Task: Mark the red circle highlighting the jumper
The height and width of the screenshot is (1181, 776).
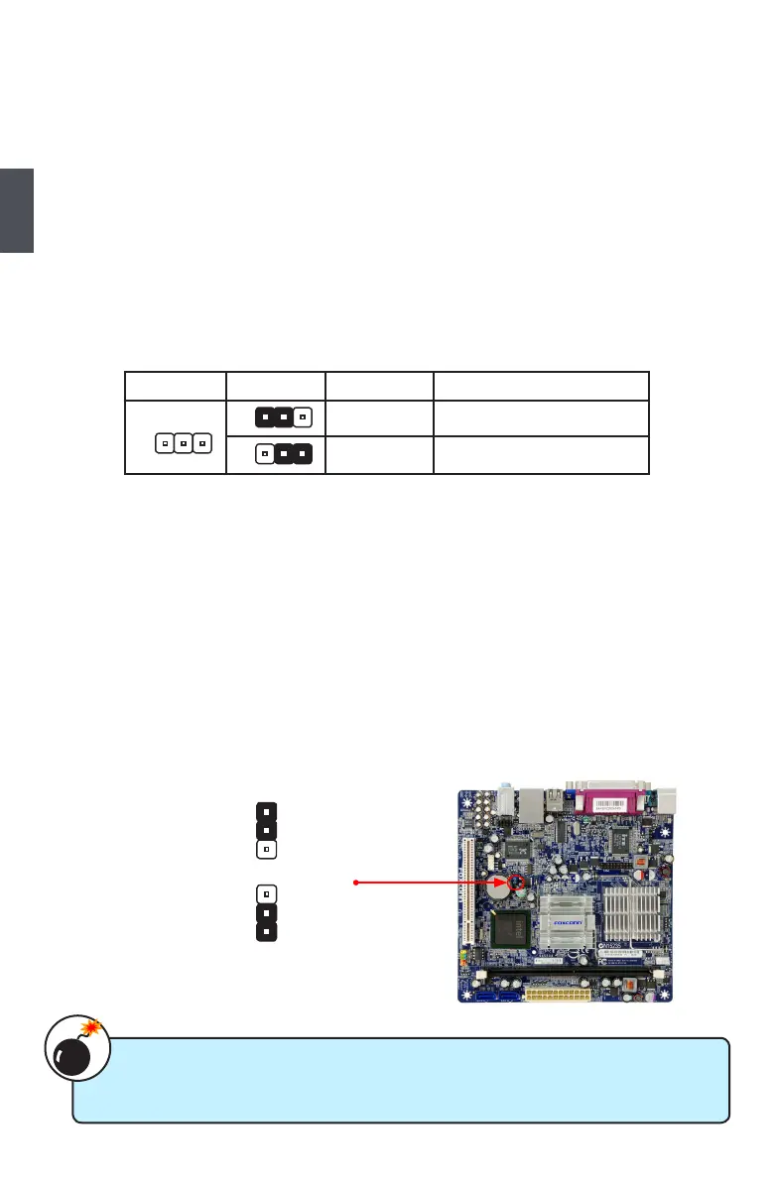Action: [517, 881]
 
